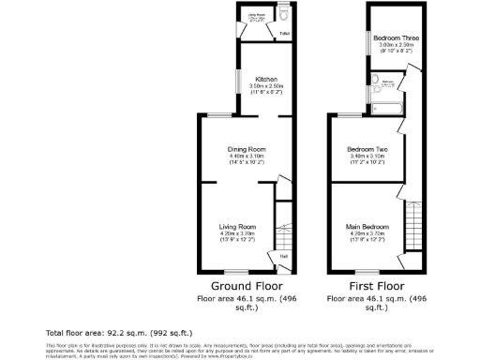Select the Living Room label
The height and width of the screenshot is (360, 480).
point(237,227)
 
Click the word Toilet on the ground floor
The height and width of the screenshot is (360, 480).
point(284,35)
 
